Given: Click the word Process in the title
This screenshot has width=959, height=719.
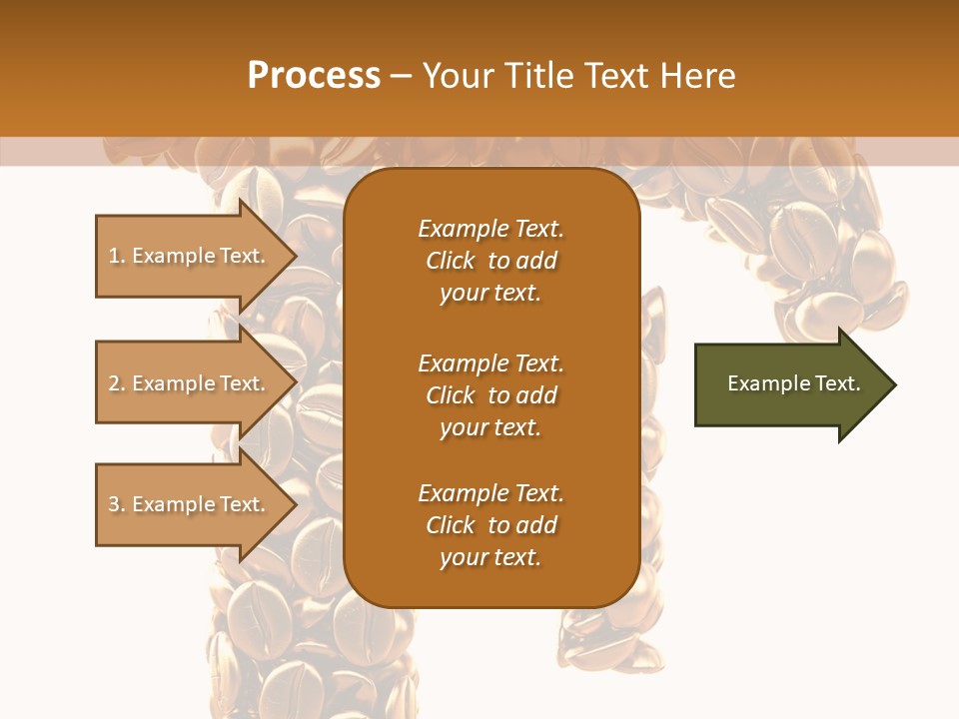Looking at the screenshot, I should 314,76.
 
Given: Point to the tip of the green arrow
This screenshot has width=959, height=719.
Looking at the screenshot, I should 893,384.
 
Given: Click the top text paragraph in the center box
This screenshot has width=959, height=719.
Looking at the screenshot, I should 490,261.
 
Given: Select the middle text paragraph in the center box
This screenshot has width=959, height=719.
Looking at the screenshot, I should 490,395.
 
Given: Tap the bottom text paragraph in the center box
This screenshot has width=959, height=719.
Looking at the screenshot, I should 490,525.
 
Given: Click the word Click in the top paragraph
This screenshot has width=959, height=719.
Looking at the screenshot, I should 450,261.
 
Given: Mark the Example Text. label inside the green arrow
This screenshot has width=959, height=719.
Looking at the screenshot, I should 793,383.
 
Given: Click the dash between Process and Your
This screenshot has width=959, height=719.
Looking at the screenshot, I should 401,77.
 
